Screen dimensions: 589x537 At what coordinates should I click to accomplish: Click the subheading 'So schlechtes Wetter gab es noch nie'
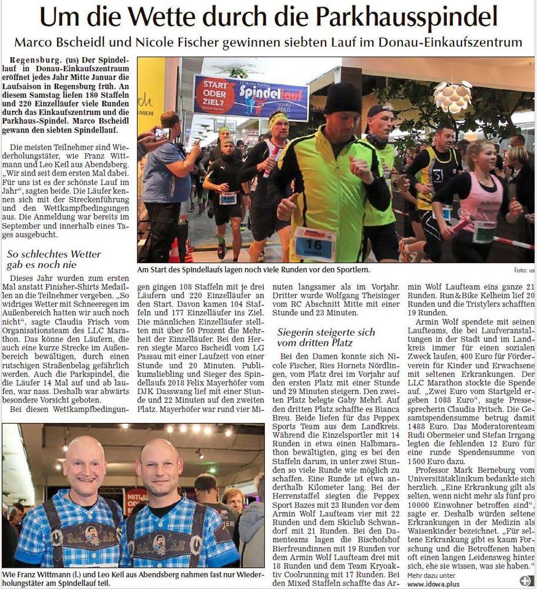point(54,260)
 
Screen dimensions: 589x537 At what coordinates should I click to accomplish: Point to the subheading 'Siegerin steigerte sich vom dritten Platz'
point(327,337)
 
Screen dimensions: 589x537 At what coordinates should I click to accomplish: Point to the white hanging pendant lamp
point(452,97)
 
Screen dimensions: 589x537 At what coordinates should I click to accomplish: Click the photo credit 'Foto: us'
point(523,270)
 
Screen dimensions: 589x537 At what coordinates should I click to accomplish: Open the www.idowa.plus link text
point(435,584)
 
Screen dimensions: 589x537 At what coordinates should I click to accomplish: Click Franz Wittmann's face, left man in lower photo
point(84,468)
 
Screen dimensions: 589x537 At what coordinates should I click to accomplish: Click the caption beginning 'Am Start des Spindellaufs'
point(254,270)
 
